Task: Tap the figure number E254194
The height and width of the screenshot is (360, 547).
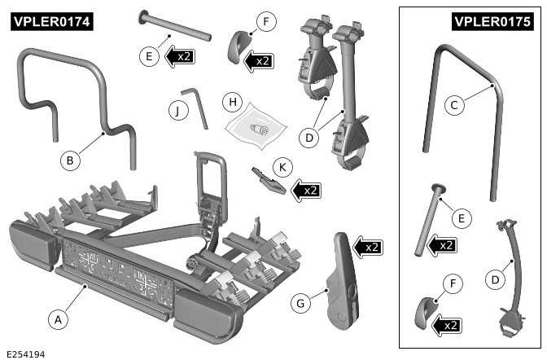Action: click(25, 353)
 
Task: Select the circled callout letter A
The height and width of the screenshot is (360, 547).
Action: click(57, 319)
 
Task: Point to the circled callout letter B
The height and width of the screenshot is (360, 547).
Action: click(70, 160)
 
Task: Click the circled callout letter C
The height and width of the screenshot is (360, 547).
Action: click(455, 104)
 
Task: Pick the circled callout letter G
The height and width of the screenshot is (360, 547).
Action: click(300, 303)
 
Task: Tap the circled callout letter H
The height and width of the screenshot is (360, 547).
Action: click(233, 103)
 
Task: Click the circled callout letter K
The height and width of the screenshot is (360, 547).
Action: click(282, 167)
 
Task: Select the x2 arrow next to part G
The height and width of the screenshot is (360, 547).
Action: click(370, 246)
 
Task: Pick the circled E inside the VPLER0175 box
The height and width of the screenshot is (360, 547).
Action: click(460, 217)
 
